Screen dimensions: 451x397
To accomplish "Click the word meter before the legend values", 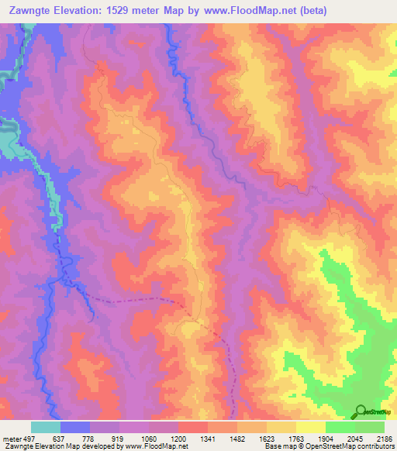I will click(x=12, y=439).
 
